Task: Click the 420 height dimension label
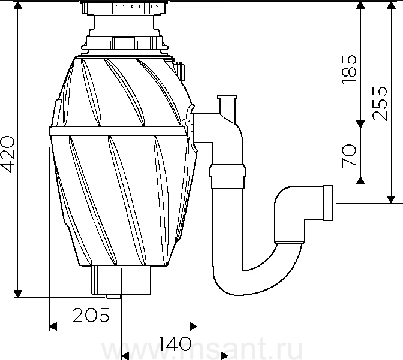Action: (7, 154)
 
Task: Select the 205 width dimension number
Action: (91, 315)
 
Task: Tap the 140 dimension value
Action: (175, 344)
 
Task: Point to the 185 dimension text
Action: (349, 69)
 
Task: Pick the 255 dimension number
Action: (380, 104)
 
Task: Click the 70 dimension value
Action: (349, 156)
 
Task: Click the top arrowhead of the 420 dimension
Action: (18, 5)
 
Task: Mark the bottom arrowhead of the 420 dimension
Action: (18, 294)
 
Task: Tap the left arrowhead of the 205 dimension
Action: (53, 326)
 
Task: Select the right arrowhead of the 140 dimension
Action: (224, 356)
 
